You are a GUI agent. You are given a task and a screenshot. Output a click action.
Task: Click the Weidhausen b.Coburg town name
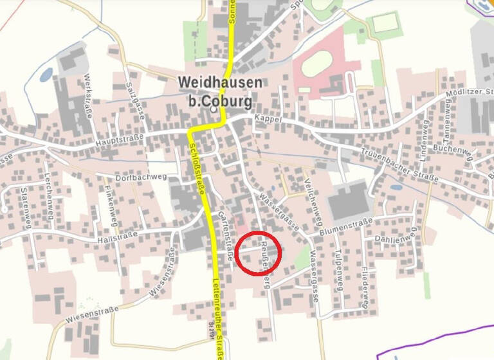(220, 92)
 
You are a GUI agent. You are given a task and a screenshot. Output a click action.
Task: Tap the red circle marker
(258, 253)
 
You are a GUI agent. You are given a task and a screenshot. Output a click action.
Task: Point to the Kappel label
(269, 119)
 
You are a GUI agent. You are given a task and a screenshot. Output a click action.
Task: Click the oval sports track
(315, 63)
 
